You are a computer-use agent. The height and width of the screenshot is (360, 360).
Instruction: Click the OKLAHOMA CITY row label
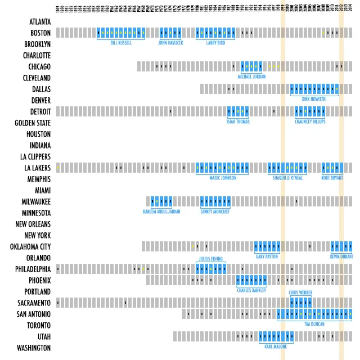point(30,247)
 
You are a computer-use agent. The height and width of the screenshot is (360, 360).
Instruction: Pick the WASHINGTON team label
point(34,348)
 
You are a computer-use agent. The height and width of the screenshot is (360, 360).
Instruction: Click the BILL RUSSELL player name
point(121,43)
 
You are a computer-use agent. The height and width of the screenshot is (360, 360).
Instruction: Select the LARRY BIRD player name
point(215,43)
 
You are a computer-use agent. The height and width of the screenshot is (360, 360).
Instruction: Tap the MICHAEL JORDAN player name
point(251,76)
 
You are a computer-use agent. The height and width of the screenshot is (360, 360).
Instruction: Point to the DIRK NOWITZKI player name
point(314,99)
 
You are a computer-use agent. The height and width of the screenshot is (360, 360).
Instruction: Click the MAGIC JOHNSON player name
point(222,178)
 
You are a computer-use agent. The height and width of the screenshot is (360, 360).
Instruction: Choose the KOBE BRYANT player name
point(332,178)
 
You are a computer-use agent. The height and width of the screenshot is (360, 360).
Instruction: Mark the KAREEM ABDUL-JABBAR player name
point(161,211)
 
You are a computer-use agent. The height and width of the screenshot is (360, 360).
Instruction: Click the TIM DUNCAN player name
point(315,324)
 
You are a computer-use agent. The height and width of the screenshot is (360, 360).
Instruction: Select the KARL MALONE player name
point(276,346)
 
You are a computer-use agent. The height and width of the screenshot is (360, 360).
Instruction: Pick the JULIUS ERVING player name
point(210,259)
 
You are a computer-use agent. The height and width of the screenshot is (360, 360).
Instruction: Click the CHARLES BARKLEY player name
point(251,290)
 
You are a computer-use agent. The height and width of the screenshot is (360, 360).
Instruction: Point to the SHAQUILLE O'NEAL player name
point(287,178)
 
